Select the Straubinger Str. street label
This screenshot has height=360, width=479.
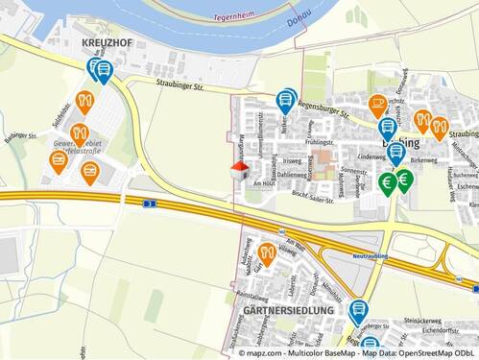180,85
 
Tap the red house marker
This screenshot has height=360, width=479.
240,170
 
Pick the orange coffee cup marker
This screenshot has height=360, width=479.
378,104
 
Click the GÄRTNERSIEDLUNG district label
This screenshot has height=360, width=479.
288,310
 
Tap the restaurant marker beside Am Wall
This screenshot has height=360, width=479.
267,253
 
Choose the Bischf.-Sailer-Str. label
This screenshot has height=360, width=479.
311,199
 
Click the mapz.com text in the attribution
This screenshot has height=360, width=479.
268,352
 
